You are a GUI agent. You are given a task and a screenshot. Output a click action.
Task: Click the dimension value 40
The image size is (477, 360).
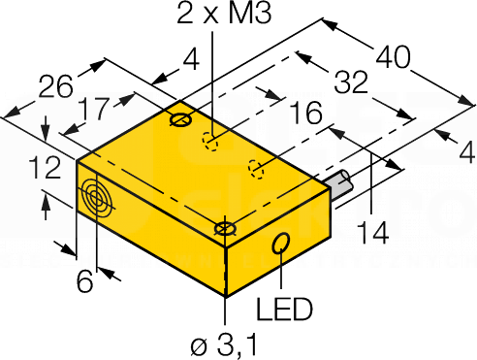tap(394, 57)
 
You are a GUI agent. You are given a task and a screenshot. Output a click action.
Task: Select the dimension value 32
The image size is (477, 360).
tap(351, 82)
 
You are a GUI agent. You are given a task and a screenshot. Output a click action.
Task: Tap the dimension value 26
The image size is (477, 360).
tap(55, 85)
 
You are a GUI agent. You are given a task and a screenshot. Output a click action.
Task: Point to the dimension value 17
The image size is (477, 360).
tap(94, 109)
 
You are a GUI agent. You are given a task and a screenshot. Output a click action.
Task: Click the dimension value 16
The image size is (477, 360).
tap(305, 113)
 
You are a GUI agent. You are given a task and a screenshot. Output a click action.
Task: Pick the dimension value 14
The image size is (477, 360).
tap(372, 233)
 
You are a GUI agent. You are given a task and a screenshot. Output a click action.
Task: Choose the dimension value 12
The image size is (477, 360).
tap(45, 168)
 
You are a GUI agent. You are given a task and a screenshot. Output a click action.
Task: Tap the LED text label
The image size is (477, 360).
tap(284, 309)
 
